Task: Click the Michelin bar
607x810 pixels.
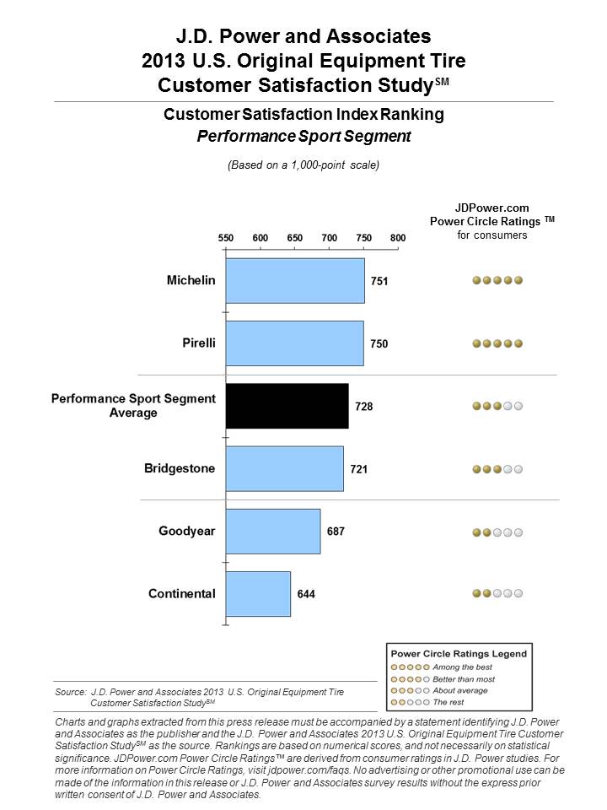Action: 295,280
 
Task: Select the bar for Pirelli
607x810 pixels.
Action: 294,343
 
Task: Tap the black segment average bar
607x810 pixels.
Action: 287,407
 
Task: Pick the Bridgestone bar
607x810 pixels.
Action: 284,468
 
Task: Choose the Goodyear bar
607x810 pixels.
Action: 272,532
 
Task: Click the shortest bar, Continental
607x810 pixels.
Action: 258,594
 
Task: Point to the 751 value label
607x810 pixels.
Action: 379,281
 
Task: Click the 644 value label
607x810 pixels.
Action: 305,594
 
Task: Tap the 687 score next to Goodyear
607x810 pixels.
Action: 335,532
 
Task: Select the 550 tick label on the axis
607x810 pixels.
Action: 226,238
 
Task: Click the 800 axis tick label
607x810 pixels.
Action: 398,238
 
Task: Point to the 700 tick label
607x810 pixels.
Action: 329,238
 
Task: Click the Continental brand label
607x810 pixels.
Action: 182,594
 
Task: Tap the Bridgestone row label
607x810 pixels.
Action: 180,468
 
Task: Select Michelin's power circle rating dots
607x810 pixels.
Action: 497,280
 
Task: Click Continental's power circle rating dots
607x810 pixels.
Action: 497,594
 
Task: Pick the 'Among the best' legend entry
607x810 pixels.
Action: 456,667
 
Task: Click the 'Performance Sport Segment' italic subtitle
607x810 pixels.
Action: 303,135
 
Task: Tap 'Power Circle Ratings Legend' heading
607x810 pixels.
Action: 458,653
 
